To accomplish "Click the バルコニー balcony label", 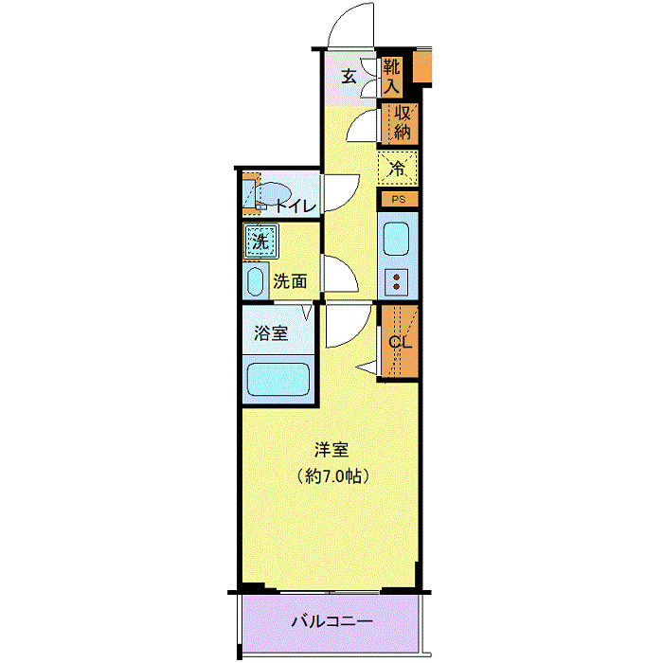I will (331, 622).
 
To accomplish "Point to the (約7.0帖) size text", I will (331, 475).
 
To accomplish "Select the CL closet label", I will (401, 342).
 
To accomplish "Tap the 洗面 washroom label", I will (290, 280).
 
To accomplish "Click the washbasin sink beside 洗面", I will (254, 280).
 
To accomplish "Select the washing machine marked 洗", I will (260, 242).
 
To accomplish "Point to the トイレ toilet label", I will (296, 204).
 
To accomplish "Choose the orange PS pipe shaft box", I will (399, 199).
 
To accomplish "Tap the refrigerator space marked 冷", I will (398, 170).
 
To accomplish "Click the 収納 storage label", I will (402, 122).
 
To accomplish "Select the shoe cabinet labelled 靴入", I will (392, 77).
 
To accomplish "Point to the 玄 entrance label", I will (349, 77).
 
